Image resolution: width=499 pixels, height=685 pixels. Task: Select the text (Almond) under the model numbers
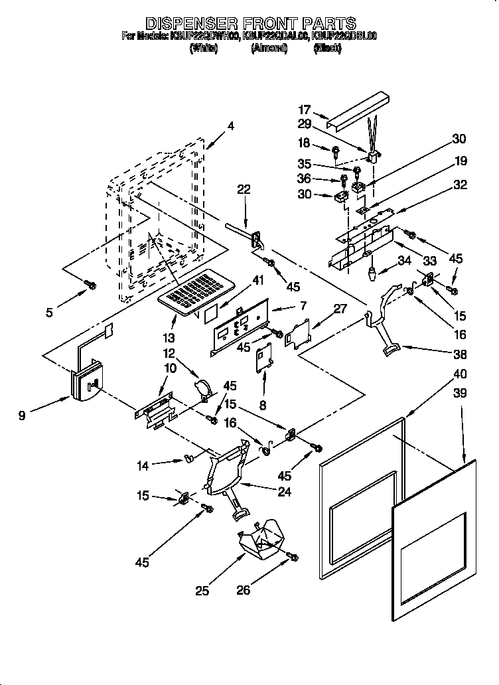click(x=269, y=48)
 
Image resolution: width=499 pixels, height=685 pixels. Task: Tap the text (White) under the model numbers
click(x=204, y=48)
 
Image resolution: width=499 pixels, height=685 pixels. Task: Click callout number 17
click(x=305, y=110)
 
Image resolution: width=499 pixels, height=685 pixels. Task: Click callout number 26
click(x=244, y=589)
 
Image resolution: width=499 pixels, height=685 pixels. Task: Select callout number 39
click(x=459, y=394)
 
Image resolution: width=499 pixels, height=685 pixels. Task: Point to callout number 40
click(x=459, y=373)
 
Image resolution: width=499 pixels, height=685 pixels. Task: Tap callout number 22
click(x=244, y=189)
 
